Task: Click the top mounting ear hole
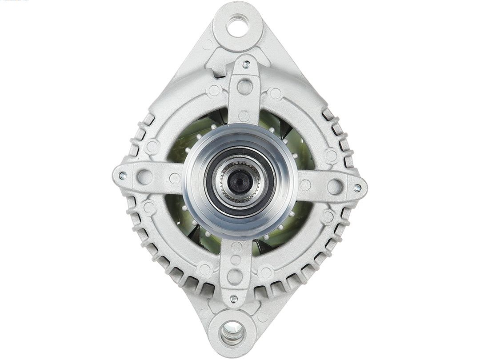[237, 26]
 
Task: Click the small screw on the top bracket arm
[246, 65]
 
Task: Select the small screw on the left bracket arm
[122, 175]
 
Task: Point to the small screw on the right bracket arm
[357, 188]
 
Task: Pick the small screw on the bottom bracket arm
[233, 299]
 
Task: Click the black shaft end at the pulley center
[240, 181]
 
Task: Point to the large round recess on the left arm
[144, 177]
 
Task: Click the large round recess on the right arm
[335, 186]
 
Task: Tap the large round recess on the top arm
[244, 87]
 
